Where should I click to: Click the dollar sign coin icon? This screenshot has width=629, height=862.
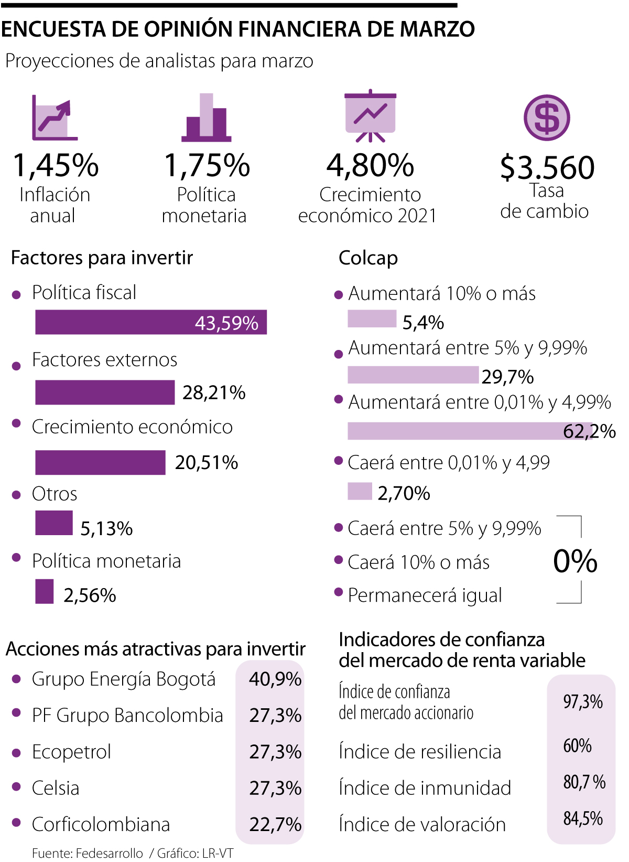pyautogui.click(x=547, y=118)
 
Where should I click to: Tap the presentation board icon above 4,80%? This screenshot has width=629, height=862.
pyautogui.click(x=370, y=115)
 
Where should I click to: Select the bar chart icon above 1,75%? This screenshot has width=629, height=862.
pyautogui.click(x=207, y=118)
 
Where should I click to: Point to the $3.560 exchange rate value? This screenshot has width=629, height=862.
pyautogui.click(x=547, y=167)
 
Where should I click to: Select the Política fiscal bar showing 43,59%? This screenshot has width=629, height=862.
pyautogui.click(x=151, y=322)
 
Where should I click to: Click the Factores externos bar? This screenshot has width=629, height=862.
pyautogui.click(x=105, y=392)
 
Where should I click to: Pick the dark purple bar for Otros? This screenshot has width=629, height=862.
pyautogui.click(x=54, y=523)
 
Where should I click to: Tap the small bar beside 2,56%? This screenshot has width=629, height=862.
pyautogui.click(x=45, y=591)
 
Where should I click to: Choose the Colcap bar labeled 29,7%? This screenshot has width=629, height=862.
pyautogui.click(x=413, y=375)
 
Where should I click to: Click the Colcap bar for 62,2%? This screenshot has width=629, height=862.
pyautogui.click(x=470, y=431)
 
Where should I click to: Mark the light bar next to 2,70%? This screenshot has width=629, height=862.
pyautogui.click(x=360, y=492)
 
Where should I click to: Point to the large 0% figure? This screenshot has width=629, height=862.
pyautogui.click(x=575, y=561)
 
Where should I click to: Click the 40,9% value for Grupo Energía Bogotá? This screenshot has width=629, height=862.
pyautogui.click(x=275, y=679)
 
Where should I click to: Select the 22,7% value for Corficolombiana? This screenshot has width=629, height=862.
pyautogui.click(x=275, y=825)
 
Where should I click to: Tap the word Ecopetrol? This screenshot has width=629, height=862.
pyautogui.click(x=71, y=752)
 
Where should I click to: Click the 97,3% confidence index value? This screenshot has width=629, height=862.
pyautogui.click(x=583, y=702)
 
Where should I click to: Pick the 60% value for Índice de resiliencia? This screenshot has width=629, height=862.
pyautogui.click(x=577, y=746)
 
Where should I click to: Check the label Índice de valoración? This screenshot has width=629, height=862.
pyautogui.click(x=422, y=825)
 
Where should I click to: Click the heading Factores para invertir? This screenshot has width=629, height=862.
pyautogui.click(x=102, y=258)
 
